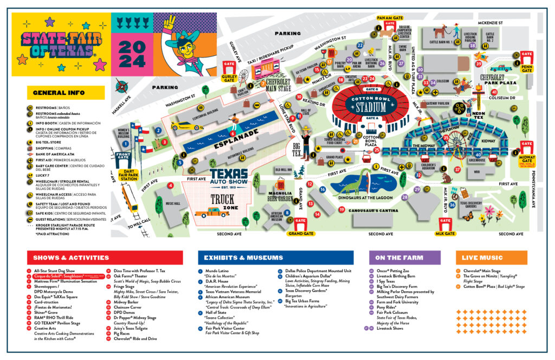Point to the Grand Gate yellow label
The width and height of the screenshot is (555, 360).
(301, 234)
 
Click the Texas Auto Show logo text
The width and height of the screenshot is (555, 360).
(229, 176)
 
